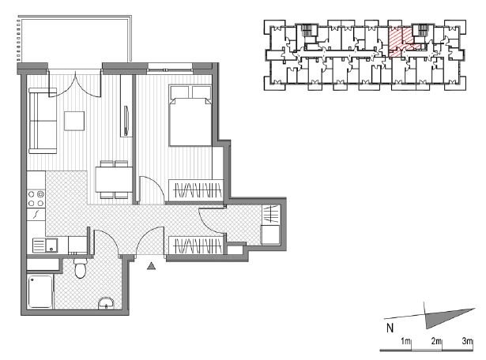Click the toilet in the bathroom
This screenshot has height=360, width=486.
(x=81, y=268)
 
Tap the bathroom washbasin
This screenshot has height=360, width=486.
(x=106, y=303)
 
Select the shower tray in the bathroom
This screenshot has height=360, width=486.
(x=40, y=292)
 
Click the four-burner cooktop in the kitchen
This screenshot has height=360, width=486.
(x=36, y=199)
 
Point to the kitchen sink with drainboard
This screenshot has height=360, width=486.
(x=45, y=246)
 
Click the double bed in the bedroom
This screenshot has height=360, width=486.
(x=190, y=115)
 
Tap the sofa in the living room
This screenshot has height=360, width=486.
(x=43, y=121)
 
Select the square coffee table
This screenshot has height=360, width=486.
(x=74, y=121)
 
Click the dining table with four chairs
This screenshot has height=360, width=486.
(x=114, y=179)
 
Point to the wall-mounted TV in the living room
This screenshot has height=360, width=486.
(x=126, y=121)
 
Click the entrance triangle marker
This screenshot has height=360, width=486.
(x=151, y=266)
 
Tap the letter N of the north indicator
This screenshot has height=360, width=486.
(x=390, y=328)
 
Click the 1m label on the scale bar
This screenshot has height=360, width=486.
(x=405, y=341)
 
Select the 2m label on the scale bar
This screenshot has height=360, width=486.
(x=436, y=341)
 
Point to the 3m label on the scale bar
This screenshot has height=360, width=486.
(x=467, y=341)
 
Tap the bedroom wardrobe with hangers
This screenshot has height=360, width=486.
(x=196, y=189)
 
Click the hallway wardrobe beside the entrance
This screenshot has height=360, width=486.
(x=196, y=246)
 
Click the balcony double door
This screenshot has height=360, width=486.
(x=75, y=84)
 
